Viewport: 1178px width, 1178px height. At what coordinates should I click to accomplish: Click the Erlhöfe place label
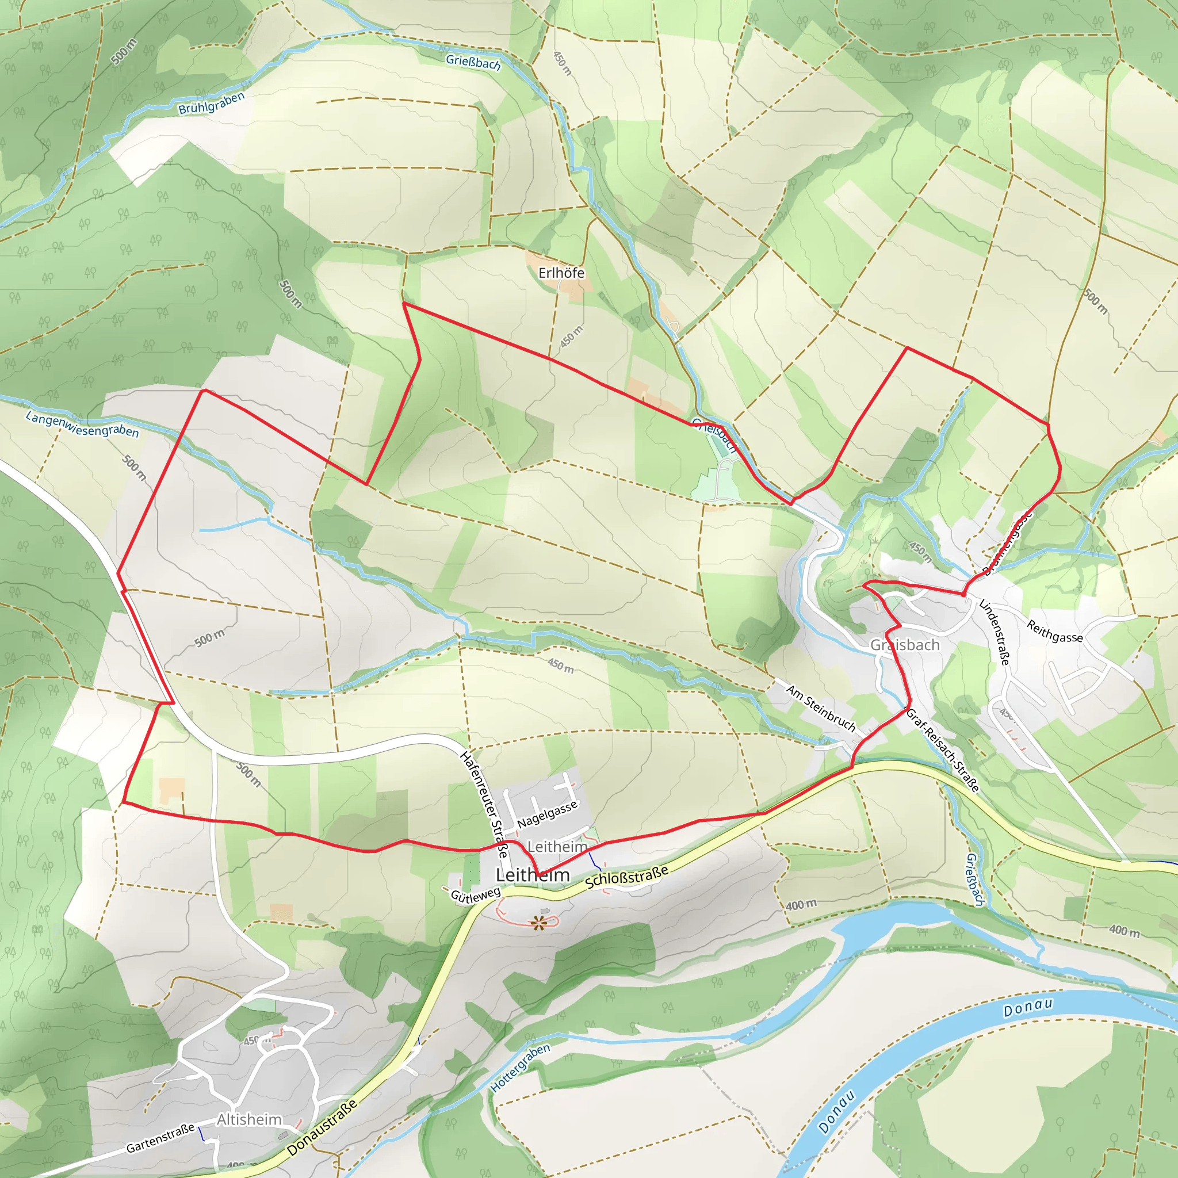click(561, 273)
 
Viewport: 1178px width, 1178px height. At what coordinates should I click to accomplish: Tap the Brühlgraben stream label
click(211, 103)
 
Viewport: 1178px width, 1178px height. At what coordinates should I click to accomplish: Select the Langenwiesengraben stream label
click(82, 424)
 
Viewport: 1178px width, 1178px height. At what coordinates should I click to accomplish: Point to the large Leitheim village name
click(532, 875)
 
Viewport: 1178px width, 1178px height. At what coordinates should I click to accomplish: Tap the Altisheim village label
click(250, 1119)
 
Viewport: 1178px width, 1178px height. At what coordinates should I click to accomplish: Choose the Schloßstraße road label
click(626, 877)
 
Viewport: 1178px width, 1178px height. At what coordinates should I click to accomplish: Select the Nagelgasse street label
click(547, 815)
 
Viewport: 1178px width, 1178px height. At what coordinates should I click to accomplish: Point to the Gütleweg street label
click(475, 894)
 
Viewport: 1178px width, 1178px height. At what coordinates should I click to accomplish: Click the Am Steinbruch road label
click(821, 709)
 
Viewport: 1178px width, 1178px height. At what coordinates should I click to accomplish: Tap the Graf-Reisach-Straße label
click(943, 750)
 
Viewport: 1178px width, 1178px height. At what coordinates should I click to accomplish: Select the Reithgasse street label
click(1054, 631)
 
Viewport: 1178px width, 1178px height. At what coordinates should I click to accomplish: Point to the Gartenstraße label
click(160, 1138)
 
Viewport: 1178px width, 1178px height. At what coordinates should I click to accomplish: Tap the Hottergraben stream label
click(519, 1068)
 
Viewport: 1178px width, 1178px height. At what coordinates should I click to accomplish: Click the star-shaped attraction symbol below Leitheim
click(538, 923)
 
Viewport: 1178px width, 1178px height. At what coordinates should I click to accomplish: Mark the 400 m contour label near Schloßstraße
click(801, 905)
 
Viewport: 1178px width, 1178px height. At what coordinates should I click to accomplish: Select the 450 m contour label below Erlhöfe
click(571, 337)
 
